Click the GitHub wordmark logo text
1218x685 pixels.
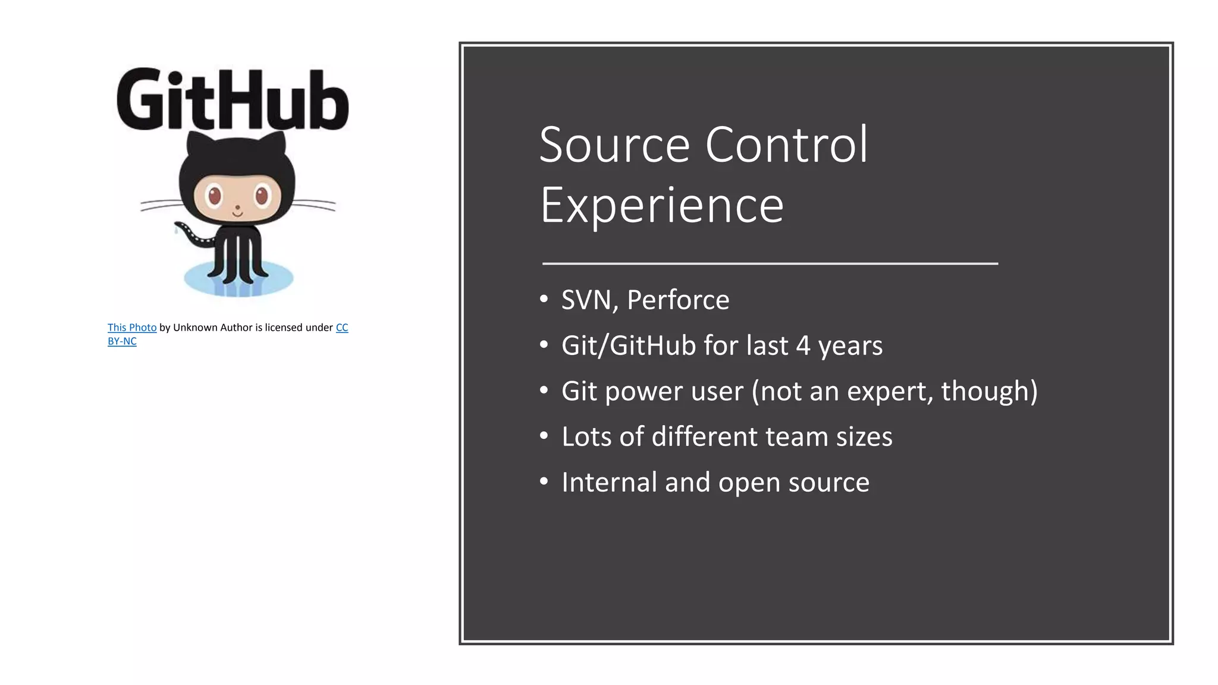coord(233,100)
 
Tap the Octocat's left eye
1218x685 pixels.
coord(214,194)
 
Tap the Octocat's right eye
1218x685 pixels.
coord(262,195)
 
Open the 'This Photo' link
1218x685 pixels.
coord(132,328)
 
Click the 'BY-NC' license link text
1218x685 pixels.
coord(122,341)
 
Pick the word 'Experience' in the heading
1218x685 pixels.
coord(662,205)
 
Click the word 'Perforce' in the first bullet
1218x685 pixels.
coord(678,300)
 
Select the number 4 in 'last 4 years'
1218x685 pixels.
coord(803,345)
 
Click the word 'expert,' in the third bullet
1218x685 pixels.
coord(890,391)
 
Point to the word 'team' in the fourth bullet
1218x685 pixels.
coord(796,436)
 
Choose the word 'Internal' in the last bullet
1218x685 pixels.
coord(609,482)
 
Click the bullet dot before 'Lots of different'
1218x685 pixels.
coord(544,436)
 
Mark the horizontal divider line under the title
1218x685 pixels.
coord(770,263)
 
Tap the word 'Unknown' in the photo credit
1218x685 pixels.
coord(195,328)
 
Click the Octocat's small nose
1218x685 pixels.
coord(237,208)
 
